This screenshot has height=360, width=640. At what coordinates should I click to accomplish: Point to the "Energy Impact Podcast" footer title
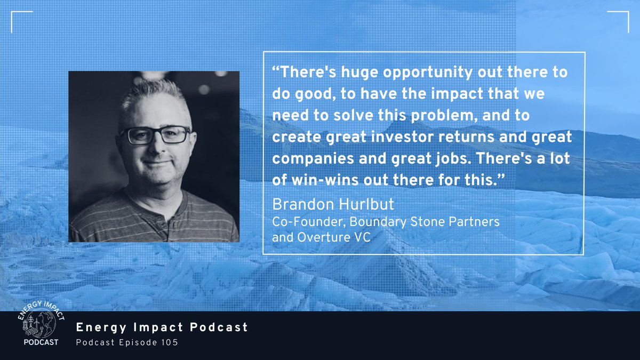tap(163, 327)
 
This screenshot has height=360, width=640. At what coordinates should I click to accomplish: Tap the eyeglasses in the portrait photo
tap(155, 135)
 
